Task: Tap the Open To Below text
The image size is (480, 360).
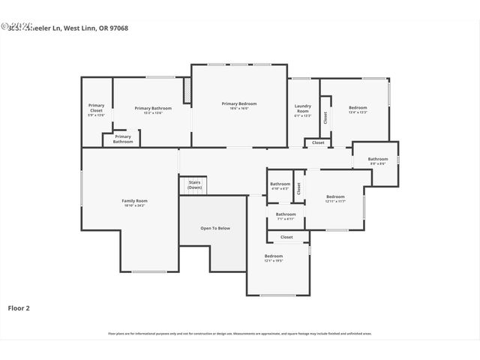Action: [214, 228]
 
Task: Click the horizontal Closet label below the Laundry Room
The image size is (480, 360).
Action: [318, 142]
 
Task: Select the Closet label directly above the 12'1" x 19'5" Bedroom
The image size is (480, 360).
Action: [286, 237]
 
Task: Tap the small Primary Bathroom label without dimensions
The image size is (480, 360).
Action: [123, 139]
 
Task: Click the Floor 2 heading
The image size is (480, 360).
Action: [19, 307]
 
